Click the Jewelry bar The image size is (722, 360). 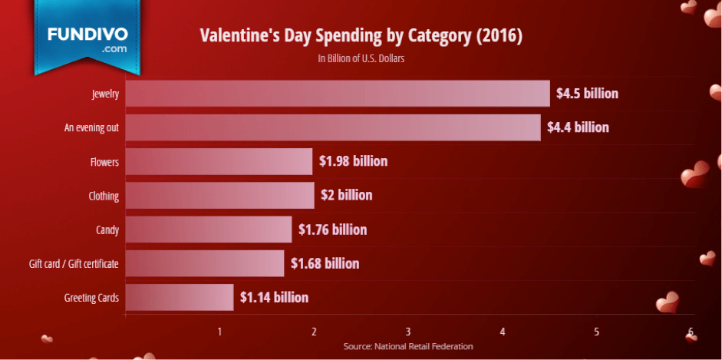tap(338, 94)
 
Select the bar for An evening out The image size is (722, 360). tap(333, 127)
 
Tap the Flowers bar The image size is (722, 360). tap(219, 161)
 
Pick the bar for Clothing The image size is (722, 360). tap(219, 195)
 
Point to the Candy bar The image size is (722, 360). tap(209, 229)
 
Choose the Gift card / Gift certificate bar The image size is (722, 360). tap(205, 263)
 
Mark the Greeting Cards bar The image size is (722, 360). tap(180, 297)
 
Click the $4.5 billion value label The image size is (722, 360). tap(588, 94)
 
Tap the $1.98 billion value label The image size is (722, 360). tap(354, 161)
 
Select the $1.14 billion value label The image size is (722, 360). tap(274, 297)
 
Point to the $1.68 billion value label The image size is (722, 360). tap(325, 263)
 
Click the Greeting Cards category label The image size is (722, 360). tap(91, 298)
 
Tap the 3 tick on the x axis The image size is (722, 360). tap(408, 332)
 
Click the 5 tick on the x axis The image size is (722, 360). tap(596, 332)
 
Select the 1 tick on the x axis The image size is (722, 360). tap(220, 332)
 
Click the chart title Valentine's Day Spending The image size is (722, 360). tap(361, 36)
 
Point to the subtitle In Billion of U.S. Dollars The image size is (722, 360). tap(361, 58)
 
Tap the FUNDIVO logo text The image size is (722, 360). tap(87, 35)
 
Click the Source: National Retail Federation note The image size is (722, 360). tap(408, 346)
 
